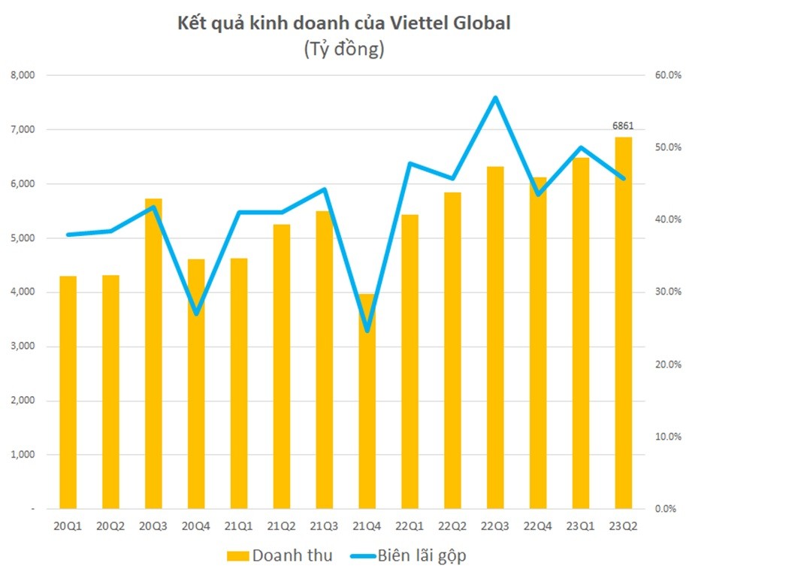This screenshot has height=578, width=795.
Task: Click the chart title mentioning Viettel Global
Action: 343,23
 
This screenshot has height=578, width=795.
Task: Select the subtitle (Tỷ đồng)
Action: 343,49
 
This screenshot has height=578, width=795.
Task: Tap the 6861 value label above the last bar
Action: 623,125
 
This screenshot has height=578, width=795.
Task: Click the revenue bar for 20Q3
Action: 153,353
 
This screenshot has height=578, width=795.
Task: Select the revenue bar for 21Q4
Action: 367,402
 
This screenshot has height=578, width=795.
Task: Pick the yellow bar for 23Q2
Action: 623,323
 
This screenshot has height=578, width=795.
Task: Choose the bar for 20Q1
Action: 68,391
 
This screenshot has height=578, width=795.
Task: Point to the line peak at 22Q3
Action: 495,98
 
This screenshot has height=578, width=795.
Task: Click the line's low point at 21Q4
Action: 367,331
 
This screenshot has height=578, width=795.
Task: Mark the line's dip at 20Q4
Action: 196,313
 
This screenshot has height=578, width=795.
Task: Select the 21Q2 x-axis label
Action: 281,526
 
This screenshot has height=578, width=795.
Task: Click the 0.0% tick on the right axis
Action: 667,509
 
